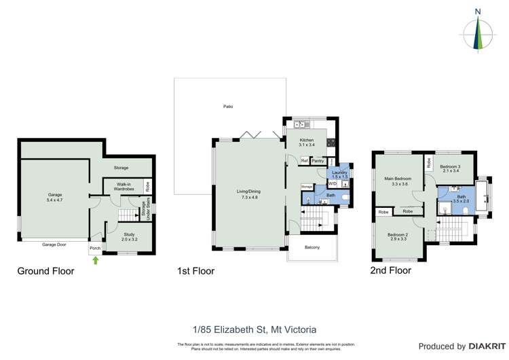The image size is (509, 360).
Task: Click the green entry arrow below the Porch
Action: [x=95, y=259]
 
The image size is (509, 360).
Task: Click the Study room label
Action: [x=129, y=237]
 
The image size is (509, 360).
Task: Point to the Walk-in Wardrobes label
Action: [x=123, y=186]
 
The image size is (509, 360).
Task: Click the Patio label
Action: [x=228, y=107]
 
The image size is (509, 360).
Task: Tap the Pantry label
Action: [x=318, y=161]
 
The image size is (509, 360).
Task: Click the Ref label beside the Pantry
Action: [x=304, y=161]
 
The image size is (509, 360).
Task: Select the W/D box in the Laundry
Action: [x=333, y=184]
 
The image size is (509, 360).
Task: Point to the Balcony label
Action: [x=312, y=247]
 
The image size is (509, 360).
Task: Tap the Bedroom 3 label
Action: [x=450, y=168]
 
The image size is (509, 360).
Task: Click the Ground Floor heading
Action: [x=45, y=271]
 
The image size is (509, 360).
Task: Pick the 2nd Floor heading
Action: [x=390, y=270]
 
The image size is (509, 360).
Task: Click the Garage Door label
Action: [x=54, y=244]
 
